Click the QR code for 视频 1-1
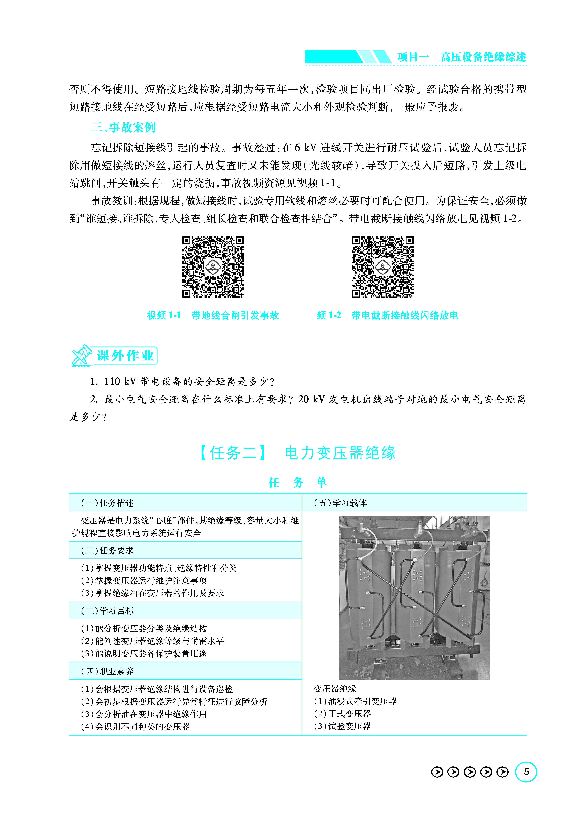tap(213, 267)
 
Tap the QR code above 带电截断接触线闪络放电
tap(383, 267)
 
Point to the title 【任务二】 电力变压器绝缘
tap(298, 453)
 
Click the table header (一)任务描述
tap(107, 503)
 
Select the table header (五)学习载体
tap(340, 503)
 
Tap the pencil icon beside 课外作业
tap(82, 355)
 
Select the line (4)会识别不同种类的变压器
tap(135, 726)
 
